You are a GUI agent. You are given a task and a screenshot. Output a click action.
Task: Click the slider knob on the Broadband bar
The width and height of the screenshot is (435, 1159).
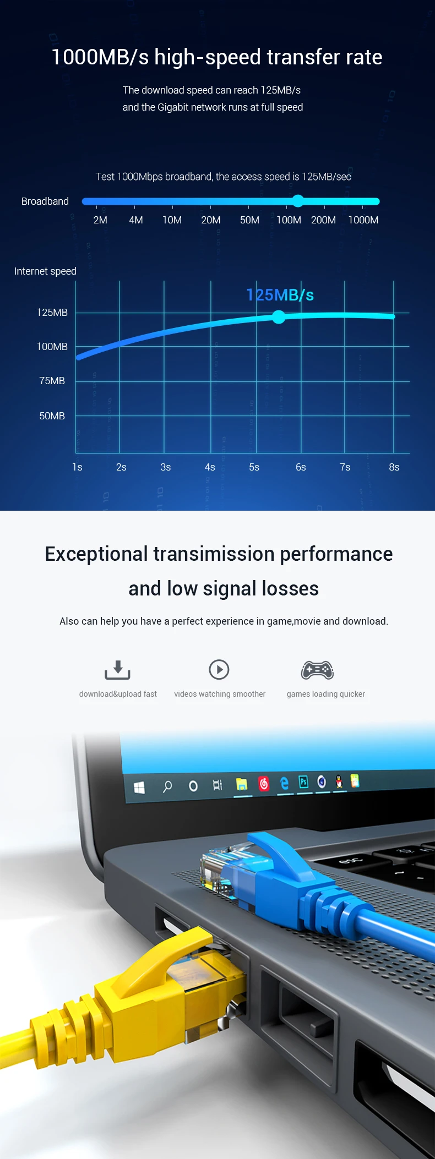[x=298, y=201]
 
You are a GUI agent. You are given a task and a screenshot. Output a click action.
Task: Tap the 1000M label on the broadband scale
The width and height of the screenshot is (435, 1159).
[x=363, y=220]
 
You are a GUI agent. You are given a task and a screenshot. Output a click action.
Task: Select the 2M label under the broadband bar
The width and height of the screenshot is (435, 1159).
[x=100, y=220]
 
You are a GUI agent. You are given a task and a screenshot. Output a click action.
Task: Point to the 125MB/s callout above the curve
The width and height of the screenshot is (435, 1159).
[x=280, y=295]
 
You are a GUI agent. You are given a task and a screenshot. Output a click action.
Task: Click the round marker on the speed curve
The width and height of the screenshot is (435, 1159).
[x=279, y=317]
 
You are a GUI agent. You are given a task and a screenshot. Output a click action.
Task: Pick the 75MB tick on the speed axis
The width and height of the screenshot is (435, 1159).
[x=52, y=381]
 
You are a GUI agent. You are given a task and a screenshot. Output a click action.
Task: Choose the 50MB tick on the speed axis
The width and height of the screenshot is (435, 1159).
[x=52, y=416]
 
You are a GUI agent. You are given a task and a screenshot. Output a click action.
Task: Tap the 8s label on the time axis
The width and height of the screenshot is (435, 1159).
[x=394, y=467]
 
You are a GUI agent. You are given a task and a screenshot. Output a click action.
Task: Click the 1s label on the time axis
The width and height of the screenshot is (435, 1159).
[x=77, y=467]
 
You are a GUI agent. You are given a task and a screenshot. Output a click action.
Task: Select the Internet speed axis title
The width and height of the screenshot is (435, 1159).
[x=45, y=271]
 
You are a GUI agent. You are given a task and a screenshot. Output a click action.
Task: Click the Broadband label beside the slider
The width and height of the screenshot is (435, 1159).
[x=45, y=201]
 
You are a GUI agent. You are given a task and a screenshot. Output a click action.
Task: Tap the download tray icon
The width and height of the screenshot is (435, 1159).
[x=117, y=670]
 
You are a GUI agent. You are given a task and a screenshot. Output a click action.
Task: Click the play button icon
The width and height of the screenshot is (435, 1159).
[x=219, y=670]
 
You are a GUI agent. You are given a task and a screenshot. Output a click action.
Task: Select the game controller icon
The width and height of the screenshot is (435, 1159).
[x=317, y=670]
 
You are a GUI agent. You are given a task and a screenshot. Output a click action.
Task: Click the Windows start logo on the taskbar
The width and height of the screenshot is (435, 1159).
[x=139, y=788]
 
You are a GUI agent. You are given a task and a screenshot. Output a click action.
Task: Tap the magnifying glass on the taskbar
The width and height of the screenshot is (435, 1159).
[x=167, y=786]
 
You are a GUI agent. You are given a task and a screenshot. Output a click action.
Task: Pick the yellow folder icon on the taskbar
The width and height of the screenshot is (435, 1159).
[x=242, y=784]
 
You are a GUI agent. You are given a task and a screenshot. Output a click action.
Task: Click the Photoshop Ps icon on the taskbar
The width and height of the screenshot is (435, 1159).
[x=303, y=782]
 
